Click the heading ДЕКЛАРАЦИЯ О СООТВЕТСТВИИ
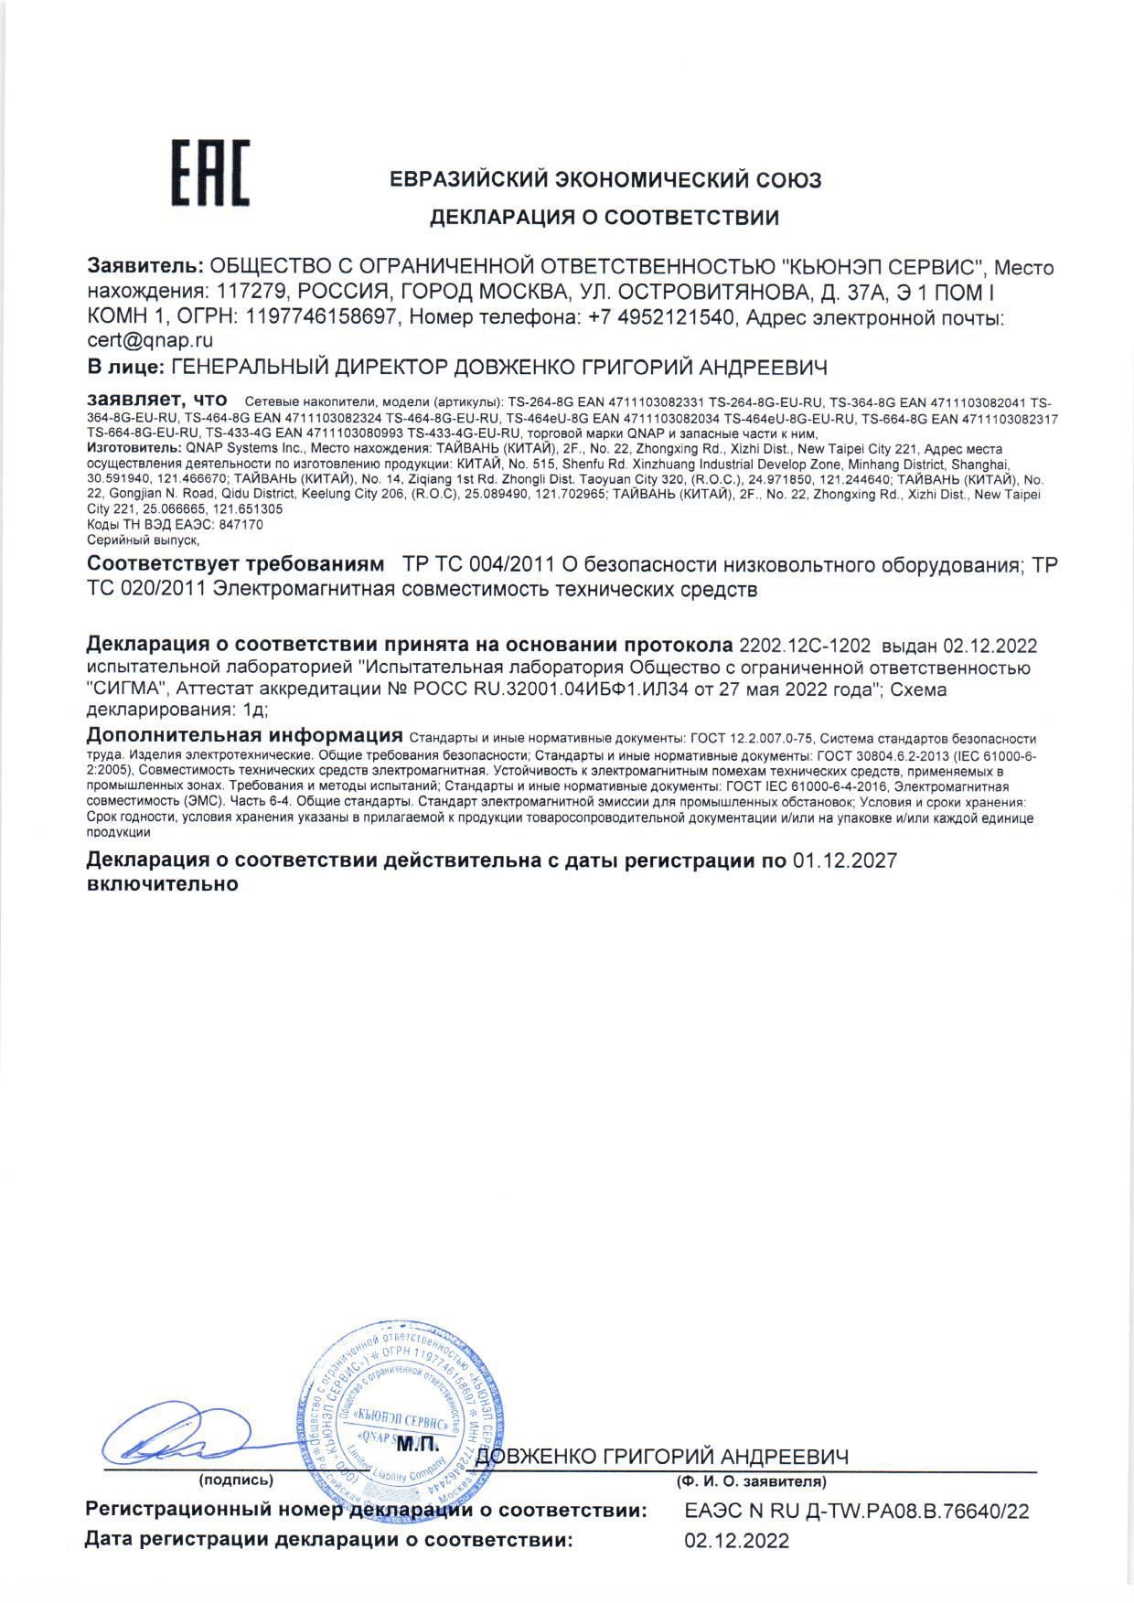click(x=604, y=218)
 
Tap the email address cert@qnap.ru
click(x=150, y=341)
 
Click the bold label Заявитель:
click(x=145, y=268)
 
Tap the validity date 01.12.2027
click(x=844, y=860)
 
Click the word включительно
click(x=162, y=884)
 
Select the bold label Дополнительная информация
click(x=244, y=736)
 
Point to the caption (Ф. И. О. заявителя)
click(x=751, y=1480)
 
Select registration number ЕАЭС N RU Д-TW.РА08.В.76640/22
click(x=857, y=1512)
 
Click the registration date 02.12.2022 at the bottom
click(x=736, y=1542)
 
